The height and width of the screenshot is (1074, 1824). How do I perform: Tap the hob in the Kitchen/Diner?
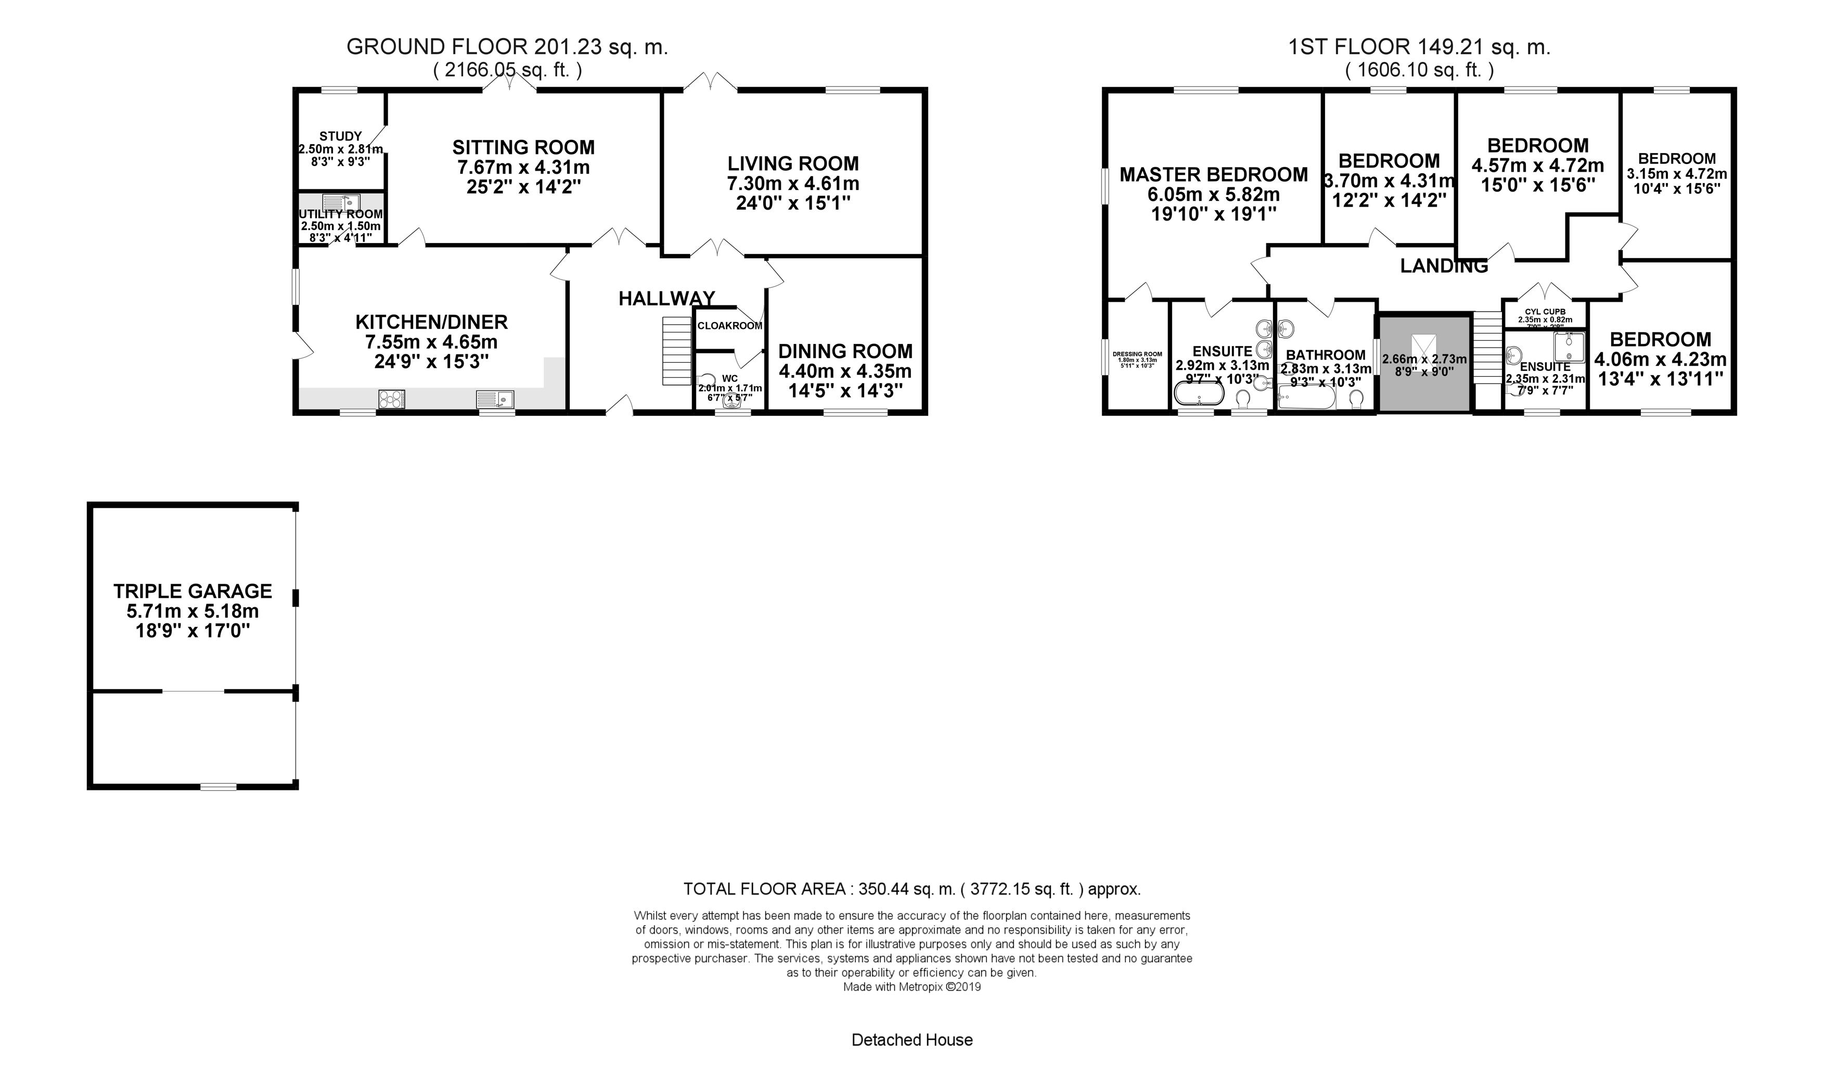tap(391, 399)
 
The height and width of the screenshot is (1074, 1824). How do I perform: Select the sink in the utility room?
tap(340, 202)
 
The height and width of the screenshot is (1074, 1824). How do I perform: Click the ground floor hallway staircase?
tap(677, 351)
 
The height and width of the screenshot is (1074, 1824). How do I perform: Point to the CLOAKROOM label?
tap(729, 326)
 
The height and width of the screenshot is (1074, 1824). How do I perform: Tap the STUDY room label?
tap(340, 136)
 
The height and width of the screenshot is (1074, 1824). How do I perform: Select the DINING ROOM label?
tap(845, 352)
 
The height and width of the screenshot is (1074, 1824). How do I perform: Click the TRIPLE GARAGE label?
tap(192, 591)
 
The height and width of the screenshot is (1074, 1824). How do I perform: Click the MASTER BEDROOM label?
tap(1213, 174)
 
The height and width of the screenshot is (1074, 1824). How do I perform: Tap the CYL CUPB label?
tap(1545, 312)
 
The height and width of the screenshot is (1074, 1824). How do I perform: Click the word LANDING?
tap(1443, 266)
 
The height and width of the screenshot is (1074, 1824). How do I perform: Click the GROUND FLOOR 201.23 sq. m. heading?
tap(507, 47)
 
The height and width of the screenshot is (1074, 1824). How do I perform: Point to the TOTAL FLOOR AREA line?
tap(911, 889)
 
